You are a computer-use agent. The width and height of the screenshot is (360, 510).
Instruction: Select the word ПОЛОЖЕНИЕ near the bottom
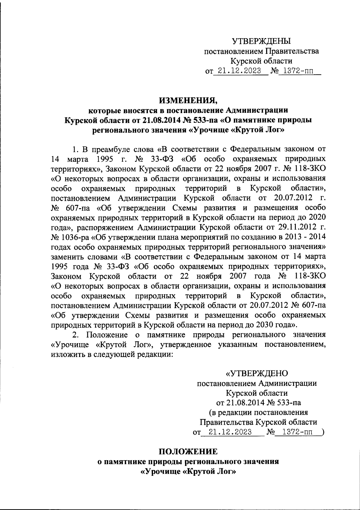(188, 451)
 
